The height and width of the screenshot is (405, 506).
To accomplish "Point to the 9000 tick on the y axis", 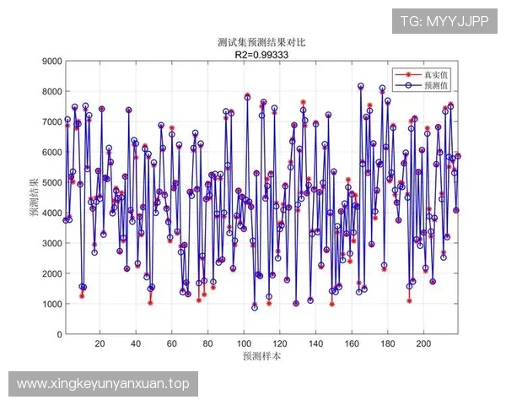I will (x=50, y=61).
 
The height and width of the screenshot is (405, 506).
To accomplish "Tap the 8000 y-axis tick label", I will (x=50, y=91).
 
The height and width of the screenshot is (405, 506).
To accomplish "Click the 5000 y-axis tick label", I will (x=50, y=182).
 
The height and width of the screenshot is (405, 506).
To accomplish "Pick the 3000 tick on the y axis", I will (x=50, y=243).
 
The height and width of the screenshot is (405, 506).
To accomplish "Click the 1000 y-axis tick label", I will (x=50, y=304).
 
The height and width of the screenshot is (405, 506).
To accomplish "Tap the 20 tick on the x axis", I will (x=100, y=343).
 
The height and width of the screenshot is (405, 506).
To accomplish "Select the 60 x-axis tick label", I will (x=172, y=343).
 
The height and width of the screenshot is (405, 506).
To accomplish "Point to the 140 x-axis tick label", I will (x=316, y=343).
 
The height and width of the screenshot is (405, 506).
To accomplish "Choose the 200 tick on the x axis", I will (x=424, y=343).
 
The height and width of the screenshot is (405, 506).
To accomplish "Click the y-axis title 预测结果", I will (x=34, y=197).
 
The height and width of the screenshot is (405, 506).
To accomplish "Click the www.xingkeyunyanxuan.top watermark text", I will (x=103, y=384).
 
